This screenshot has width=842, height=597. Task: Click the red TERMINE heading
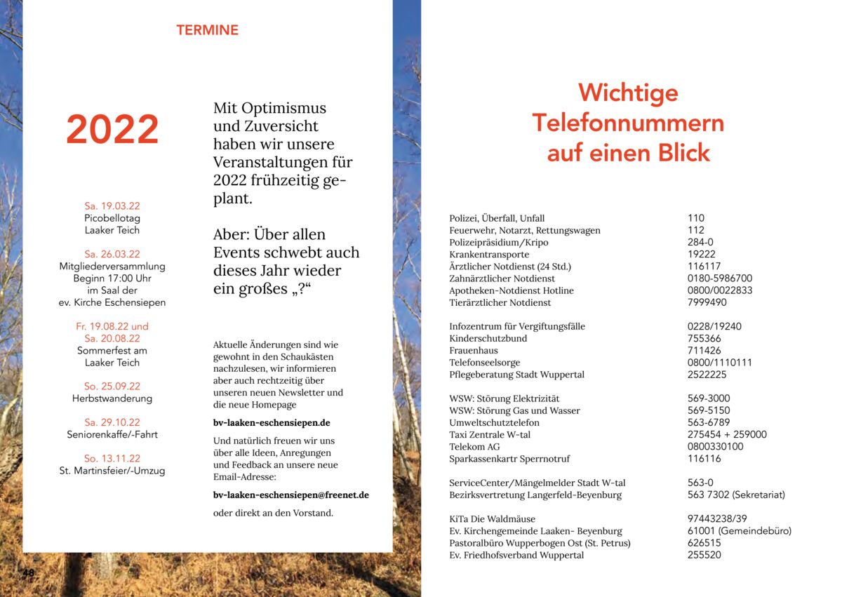pyautogui.click(x=207, y=30)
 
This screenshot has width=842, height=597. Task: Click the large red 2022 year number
pyautogui.click(x=112, y=130)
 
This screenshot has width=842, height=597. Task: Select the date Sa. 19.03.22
pyautogui.click(x=112, y=206)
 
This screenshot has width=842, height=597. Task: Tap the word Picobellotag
pyautogui.click(x=112, y=218)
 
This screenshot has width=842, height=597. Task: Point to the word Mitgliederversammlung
pyautogui.click(x=112, y=267)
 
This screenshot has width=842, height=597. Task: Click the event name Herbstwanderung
pyautogui.click(x=112, y=398)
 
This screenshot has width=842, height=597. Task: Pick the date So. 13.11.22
pyautogui.click(x=112, y=459)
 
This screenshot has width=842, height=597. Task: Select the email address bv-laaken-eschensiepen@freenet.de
pyautogui.click(x=291, y=495)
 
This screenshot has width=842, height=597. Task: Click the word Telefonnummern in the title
pyautogui.click(x=628, y=123)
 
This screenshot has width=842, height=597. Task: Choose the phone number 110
pyautogui.click(x=696, y=218)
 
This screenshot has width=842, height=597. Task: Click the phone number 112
pyautogui.click(x=696, y=230)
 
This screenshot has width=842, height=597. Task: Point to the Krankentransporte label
pyautogui.click(x=489, y=255)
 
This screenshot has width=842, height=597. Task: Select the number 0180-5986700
pyautogui.click(x=720, y=279)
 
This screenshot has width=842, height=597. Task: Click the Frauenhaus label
pyautogui.click(x=474, y=351)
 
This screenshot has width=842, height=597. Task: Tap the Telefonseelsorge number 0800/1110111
pyautogui.click(x=720, y=363)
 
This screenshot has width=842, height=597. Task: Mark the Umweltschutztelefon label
pyautogui.click(x=495, y=423)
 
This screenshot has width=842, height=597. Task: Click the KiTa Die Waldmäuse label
pyautogui.click(x=493, y=519)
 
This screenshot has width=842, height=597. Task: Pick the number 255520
pyautogui.click(x=704, y=555)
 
